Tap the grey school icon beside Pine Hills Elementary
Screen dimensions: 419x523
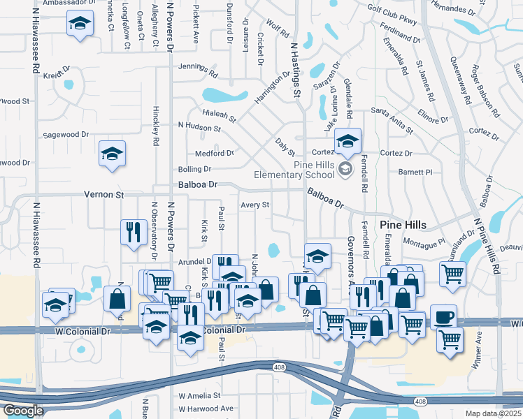point(344,168)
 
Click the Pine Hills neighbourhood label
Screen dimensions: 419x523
point(407,225)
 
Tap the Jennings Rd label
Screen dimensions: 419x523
point(198,68)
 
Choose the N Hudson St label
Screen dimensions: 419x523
point(199,128)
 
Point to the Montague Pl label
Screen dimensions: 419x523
point(424,243)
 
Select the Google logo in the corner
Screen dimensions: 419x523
point(22,411)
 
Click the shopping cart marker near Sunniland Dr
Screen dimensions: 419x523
point(453,274)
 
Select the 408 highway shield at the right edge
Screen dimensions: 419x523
point(420,401)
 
